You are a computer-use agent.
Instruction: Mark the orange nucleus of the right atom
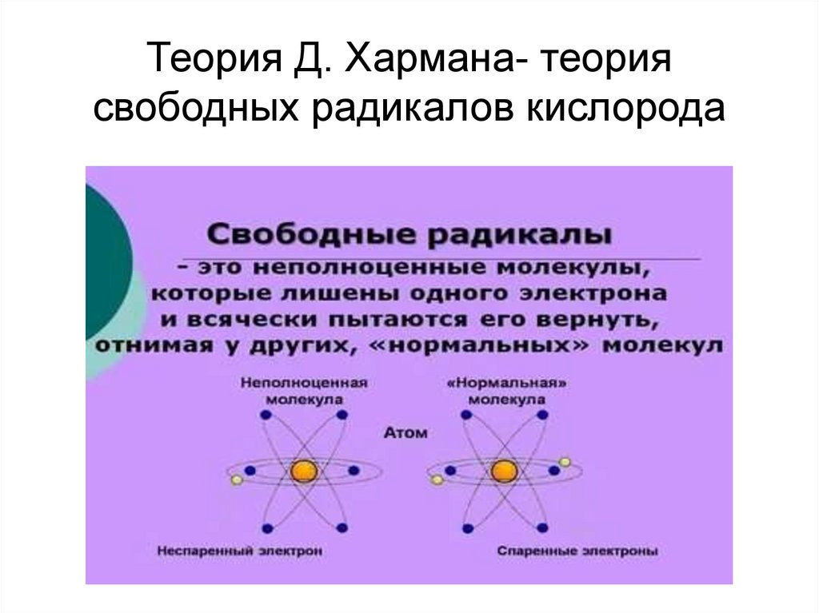504,471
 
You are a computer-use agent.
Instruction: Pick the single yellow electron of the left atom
235,480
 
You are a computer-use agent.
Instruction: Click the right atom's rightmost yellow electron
565,461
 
